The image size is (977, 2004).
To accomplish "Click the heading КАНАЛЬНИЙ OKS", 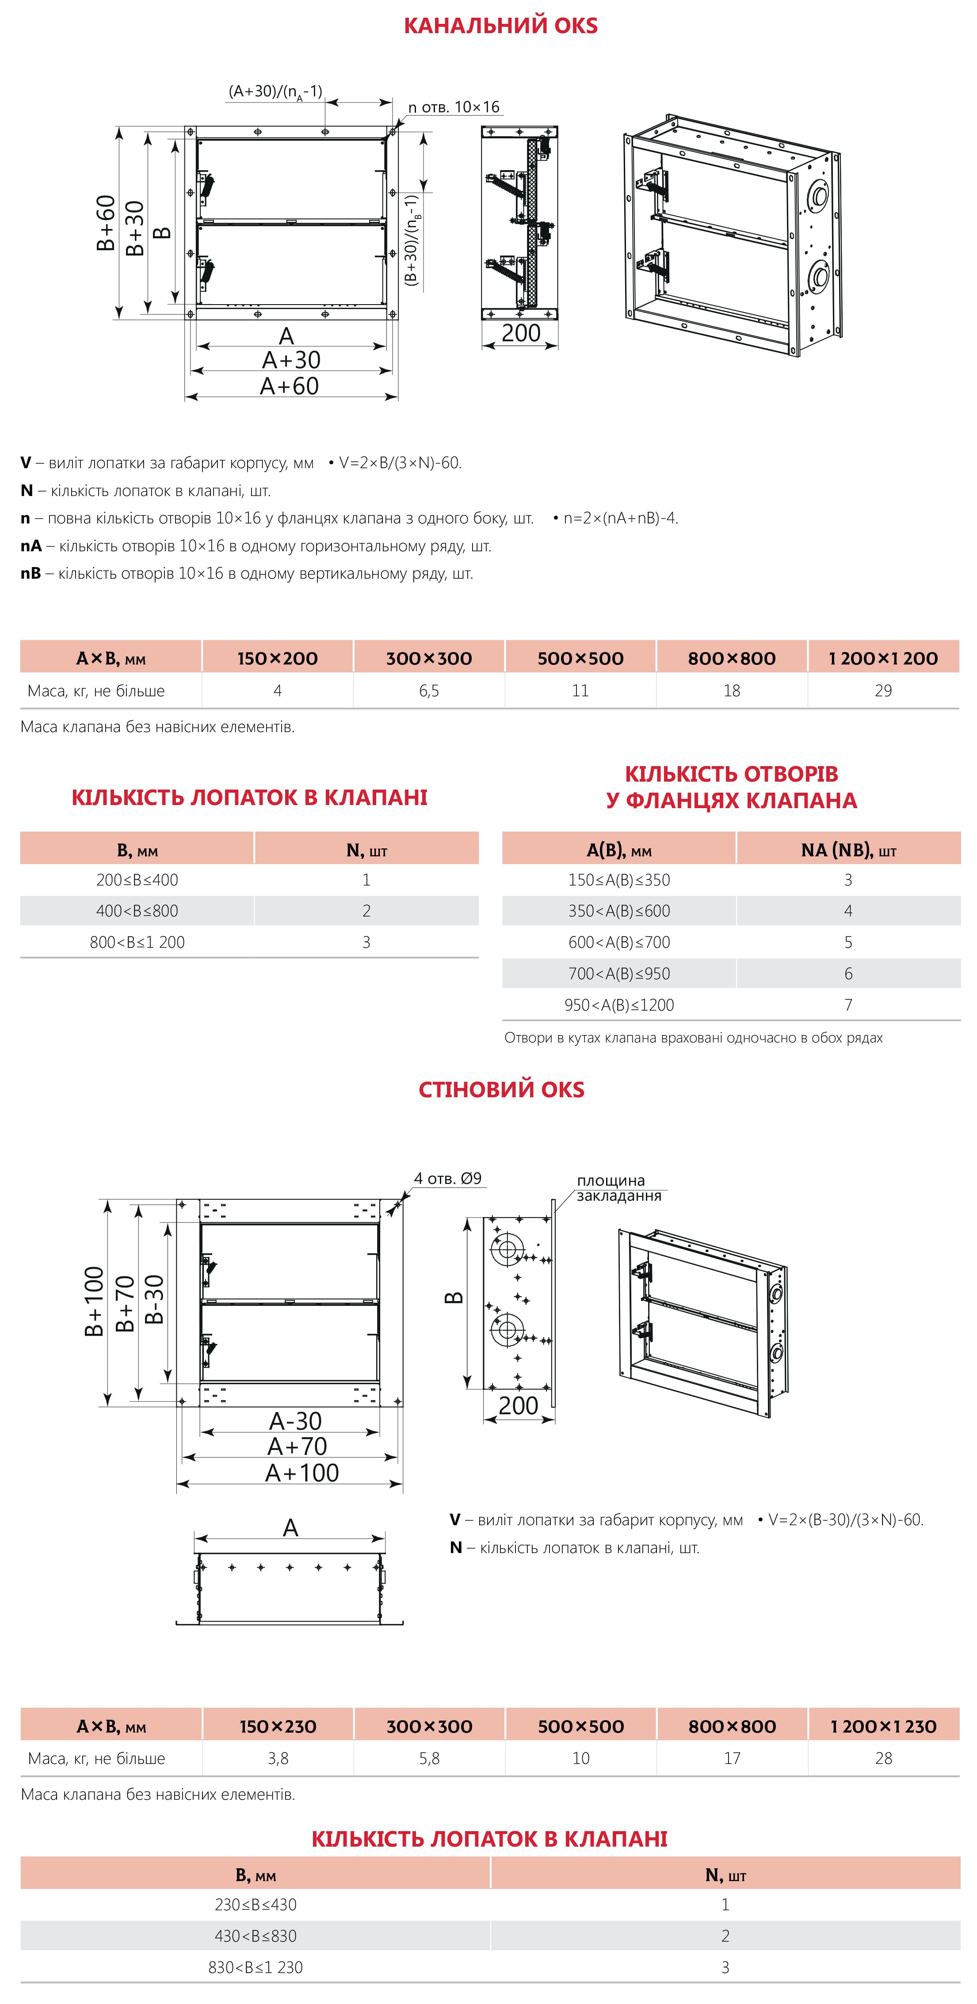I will (500, 26).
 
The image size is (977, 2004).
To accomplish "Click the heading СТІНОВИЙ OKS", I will (501, 1089).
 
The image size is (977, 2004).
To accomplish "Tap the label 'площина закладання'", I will (618, 1188).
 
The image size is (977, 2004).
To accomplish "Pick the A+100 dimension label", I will (302, 1473).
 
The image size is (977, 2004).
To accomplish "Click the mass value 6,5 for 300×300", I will (429, 691).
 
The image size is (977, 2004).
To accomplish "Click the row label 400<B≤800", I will (137, 911).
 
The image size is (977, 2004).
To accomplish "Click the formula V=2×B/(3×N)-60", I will (400, 463).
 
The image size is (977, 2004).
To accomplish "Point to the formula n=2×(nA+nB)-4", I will (620, 518).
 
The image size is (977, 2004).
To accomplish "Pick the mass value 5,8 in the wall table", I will (429, 1758).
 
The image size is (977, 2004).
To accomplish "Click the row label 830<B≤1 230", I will (255, 1967).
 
